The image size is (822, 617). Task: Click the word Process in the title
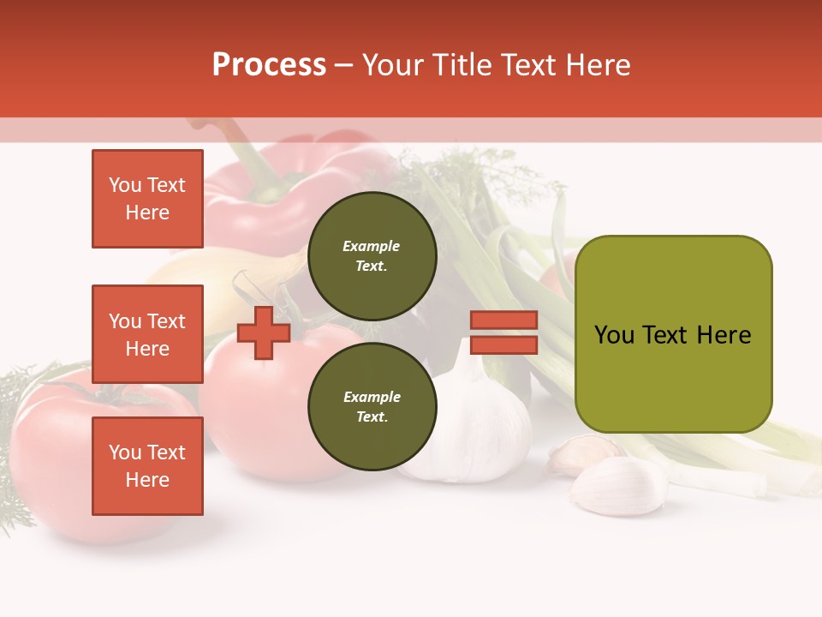[269, 65]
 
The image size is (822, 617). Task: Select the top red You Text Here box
[147, 199]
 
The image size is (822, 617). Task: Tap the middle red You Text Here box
[147, 334]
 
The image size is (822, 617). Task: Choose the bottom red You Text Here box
[147, 466]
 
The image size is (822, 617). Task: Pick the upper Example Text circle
[372, 255]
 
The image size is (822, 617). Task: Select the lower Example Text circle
[372, 406]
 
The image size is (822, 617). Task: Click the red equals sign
[503, 332]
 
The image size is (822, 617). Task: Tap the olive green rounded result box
[673, 334]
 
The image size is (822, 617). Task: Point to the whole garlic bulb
[479, 420]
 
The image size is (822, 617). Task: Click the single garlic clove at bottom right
[618, 485]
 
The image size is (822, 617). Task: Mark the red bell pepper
[291, 197]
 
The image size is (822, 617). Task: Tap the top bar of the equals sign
[503, 320]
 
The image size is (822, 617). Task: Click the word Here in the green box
[724, 335]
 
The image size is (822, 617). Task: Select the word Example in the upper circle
[372, 246]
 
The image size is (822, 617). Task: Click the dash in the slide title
[343, 66]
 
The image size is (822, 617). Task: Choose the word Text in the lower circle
[372, 417]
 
